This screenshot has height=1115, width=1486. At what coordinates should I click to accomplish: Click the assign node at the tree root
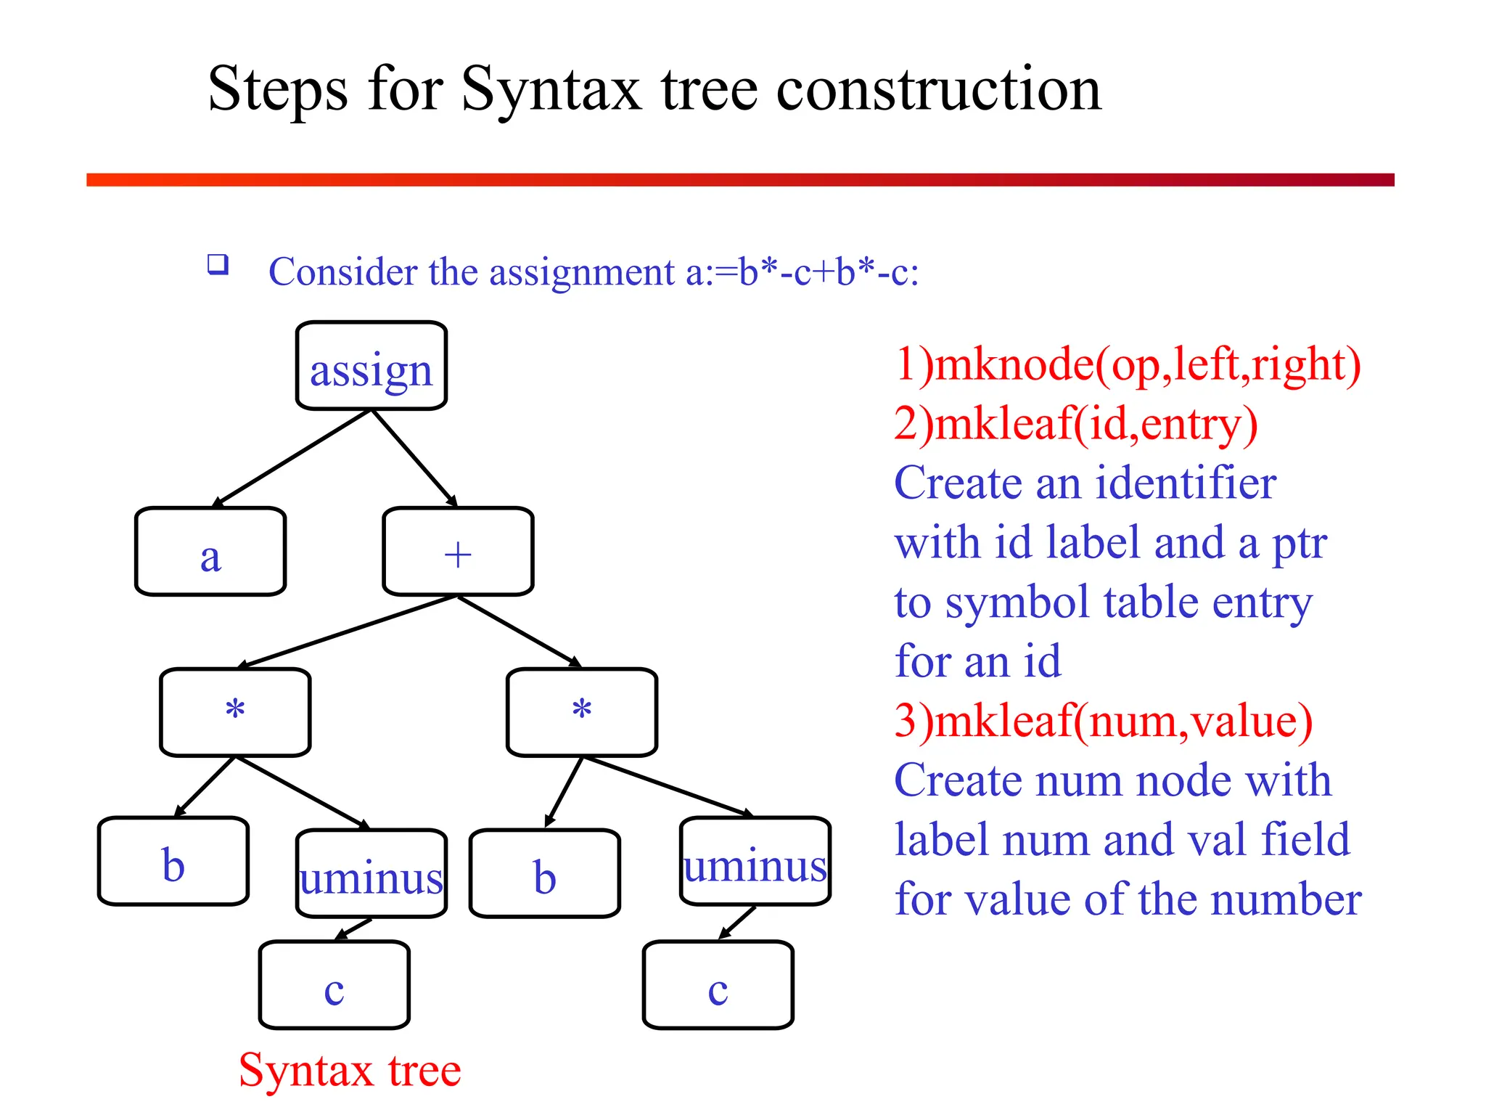click(371, 367)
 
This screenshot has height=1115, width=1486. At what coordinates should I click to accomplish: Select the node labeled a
click(210, 552)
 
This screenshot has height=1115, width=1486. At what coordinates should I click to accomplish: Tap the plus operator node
click(458, 552)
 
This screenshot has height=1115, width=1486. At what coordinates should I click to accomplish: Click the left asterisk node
click(235, 712)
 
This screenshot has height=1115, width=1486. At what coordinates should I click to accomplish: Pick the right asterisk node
click(582, 712)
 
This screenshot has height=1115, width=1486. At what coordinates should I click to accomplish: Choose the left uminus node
click(371, 874)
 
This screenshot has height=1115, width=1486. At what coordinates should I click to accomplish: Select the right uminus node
click(755, 862)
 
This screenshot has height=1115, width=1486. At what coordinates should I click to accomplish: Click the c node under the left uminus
click(334, 985)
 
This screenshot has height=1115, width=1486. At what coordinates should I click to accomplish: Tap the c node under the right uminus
click(718, 985)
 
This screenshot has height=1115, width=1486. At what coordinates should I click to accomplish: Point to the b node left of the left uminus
click(173, 862)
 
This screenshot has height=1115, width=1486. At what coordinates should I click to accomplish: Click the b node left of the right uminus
click(544, 874)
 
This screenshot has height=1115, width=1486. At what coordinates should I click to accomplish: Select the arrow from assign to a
click(292, 458)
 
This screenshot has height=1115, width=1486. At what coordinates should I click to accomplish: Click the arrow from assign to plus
click(414, 458)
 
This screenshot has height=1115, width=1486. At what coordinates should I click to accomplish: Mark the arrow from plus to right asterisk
click(520, 631)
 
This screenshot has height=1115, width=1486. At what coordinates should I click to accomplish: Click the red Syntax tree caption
click(350, 1070)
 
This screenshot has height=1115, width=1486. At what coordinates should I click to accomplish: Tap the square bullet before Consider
click(218, 264)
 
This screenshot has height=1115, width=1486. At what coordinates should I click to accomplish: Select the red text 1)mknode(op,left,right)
click(1127, 364)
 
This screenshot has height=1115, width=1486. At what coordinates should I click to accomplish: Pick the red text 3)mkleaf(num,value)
click(1103, 721)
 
